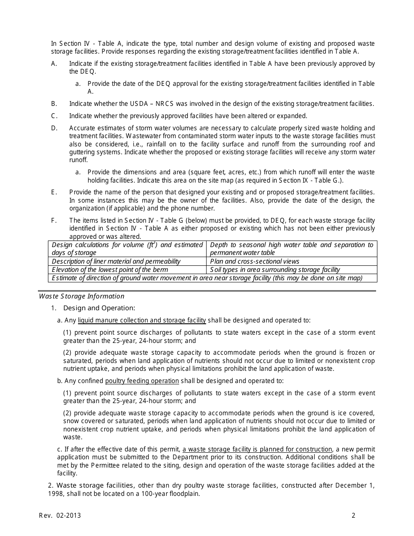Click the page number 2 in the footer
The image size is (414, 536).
click(x=353, y=516)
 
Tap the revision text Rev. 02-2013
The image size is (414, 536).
click(x=60, y=516)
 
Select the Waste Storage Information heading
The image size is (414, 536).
click(x=81, y=296)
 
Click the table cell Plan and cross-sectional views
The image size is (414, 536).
click(x=255, y=261)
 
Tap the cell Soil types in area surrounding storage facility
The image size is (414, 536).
click(x=275, y=270)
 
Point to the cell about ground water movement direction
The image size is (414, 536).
click(x=207, y=278)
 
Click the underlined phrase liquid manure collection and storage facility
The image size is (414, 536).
click(x=142, y=320)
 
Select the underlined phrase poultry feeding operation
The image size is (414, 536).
click(x=142, y=381)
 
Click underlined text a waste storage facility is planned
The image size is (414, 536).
click(x=257, y=449)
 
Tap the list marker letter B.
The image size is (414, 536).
click(x=54, y=104)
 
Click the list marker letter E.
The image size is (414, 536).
click(x=54, y=192)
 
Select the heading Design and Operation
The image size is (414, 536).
click(x=99, y=308)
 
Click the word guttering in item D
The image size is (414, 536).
click(x=83, y=152)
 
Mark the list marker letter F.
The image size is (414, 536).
click(x=54, y=221)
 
